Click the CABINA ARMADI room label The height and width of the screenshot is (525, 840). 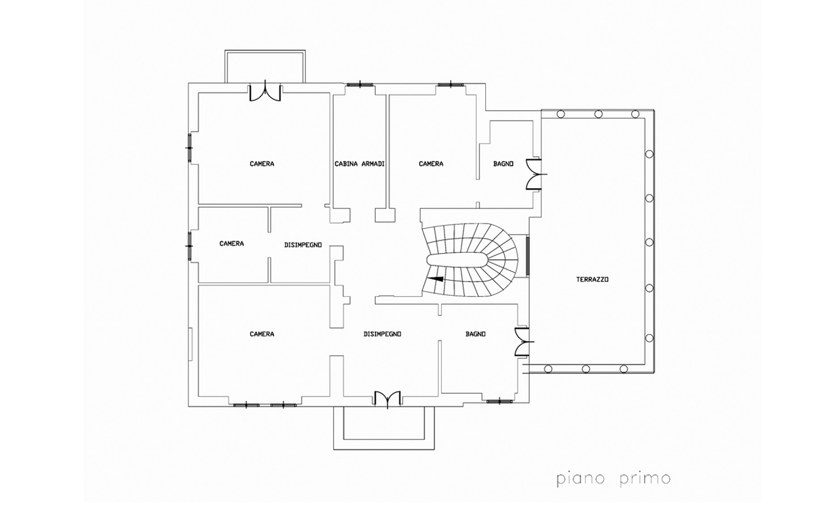point(360,164)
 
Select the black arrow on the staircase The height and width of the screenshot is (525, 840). point(435,279)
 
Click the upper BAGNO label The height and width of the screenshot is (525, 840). point(503,164)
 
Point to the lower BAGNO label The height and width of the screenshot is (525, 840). point(476,334)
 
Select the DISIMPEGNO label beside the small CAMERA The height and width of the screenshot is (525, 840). point(303,245)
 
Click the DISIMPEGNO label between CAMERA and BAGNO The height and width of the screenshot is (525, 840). point(383,334)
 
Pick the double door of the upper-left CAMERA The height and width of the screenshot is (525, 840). point(265,92)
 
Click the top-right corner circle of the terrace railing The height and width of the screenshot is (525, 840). point(635,114)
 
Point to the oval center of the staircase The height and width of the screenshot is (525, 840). point(457,259)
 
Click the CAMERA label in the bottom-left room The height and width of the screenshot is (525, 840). point(262,334)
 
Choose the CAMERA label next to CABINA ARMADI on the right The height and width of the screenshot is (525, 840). point(431,164)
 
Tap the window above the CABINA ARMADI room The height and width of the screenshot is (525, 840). point(360,85)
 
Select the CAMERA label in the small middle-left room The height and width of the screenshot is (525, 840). point(232,243)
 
